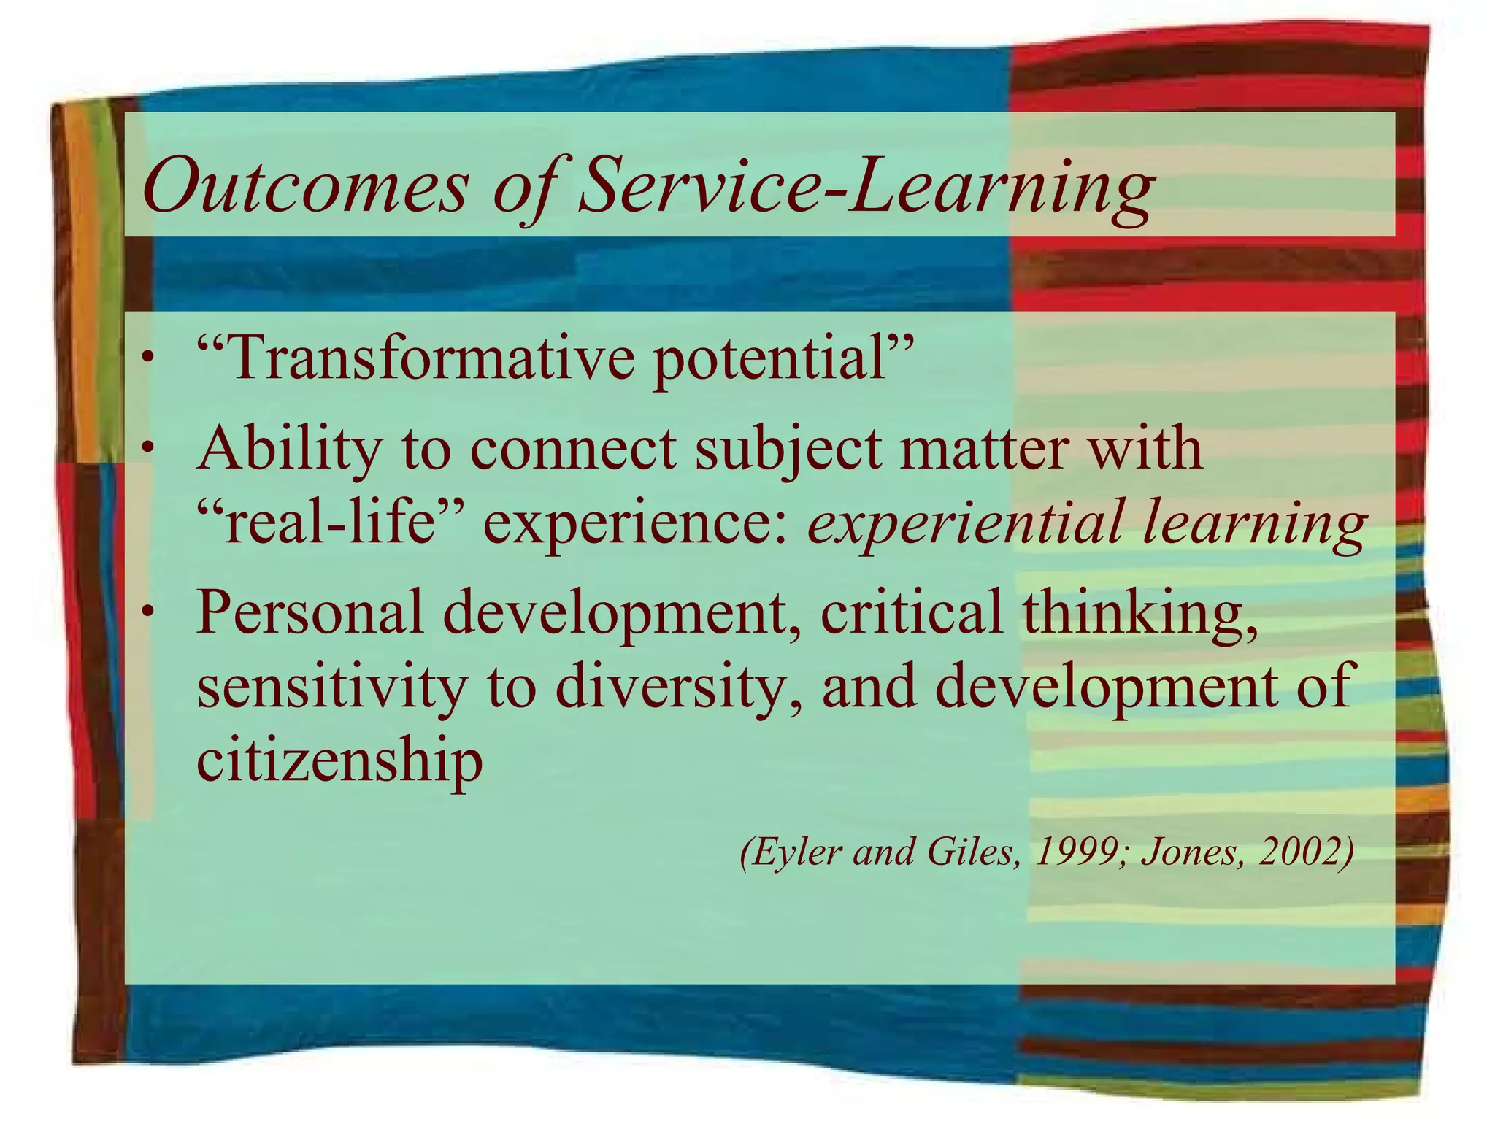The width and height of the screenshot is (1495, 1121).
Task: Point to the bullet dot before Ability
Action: click(149, 447)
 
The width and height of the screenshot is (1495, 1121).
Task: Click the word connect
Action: click(572, 448)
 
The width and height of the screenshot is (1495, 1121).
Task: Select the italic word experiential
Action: click(964, 525)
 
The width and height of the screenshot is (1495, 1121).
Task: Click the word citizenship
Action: click(339, 762)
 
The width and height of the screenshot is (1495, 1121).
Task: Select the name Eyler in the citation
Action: click(792, 852)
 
